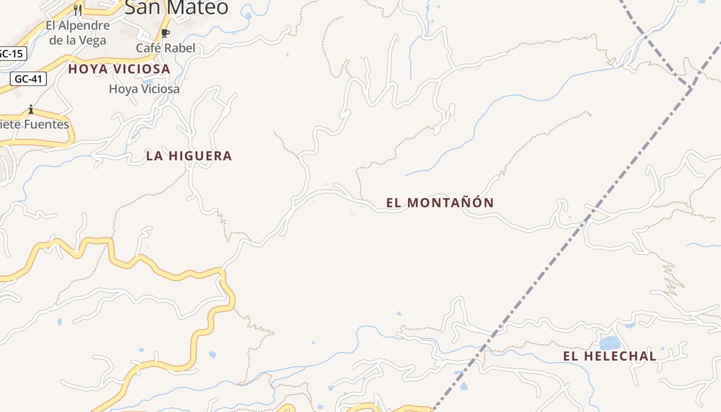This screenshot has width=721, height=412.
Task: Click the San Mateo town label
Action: [x=177, y=7]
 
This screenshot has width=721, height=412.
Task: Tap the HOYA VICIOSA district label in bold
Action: [x=119, y=69]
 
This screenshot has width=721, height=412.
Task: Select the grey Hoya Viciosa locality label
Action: [x=144, y=89]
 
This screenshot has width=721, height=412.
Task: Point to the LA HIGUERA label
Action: [x=189, y=156]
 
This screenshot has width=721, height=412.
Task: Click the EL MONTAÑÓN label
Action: [x=440, y=203]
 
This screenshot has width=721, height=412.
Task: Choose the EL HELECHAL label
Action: [x=609, y=356]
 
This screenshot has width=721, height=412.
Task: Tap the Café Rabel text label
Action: [x=165, y=48]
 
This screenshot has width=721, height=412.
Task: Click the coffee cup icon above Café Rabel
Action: [x=165, y=33]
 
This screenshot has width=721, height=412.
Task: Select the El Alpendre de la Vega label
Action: [x=77, y=33]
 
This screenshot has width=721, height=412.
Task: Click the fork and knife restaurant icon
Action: [x=78, y=10]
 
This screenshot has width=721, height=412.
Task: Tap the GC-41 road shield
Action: [x=28, y=79]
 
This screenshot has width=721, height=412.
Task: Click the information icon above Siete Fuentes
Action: [x=31, y=109]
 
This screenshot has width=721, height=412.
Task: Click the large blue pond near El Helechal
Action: [x=610, y=342]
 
